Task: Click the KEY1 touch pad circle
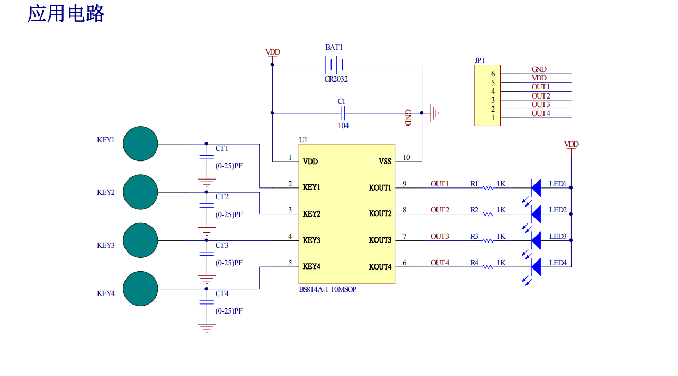[x=140, y=144]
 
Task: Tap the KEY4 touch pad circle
[x=140, y=289]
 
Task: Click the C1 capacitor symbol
[x=342, y=113]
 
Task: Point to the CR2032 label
[x=336, y=79]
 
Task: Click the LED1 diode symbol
[x=536, y=187]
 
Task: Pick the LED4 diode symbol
[x=536, y=267]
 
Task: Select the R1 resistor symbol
[x=487, y=187]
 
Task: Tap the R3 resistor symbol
[x=487, y=240]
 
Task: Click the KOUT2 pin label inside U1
[x=380, y=214]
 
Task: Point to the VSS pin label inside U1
[x=385, y=161]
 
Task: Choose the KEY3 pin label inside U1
[x=311, y=240]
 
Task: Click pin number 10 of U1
[x=406, y=157]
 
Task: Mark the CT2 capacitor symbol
[x=206, y=205]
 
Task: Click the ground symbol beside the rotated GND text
[x=434, y=113]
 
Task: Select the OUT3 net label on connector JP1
[x=540, y=104]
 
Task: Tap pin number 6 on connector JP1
[x=493, y=74]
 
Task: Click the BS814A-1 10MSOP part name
[x=327, y=289]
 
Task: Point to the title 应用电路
[x=66, y=14]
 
